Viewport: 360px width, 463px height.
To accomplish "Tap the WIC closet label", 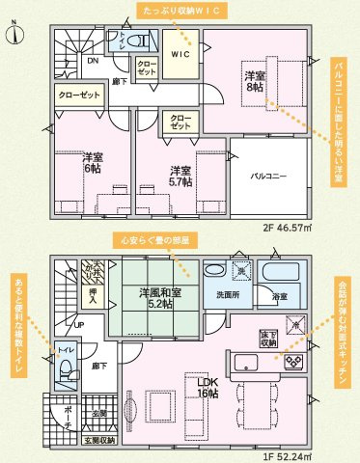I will (x=180, y=55).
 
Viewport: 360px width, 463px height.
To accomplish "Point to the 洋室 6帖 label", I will (x=92, y=161).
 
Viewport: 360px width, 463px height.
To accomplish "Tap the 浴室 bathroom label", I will (x=279, y=296).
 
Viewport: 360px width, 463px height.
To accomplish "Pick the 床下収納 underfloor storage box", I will (x=268, y=338).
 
